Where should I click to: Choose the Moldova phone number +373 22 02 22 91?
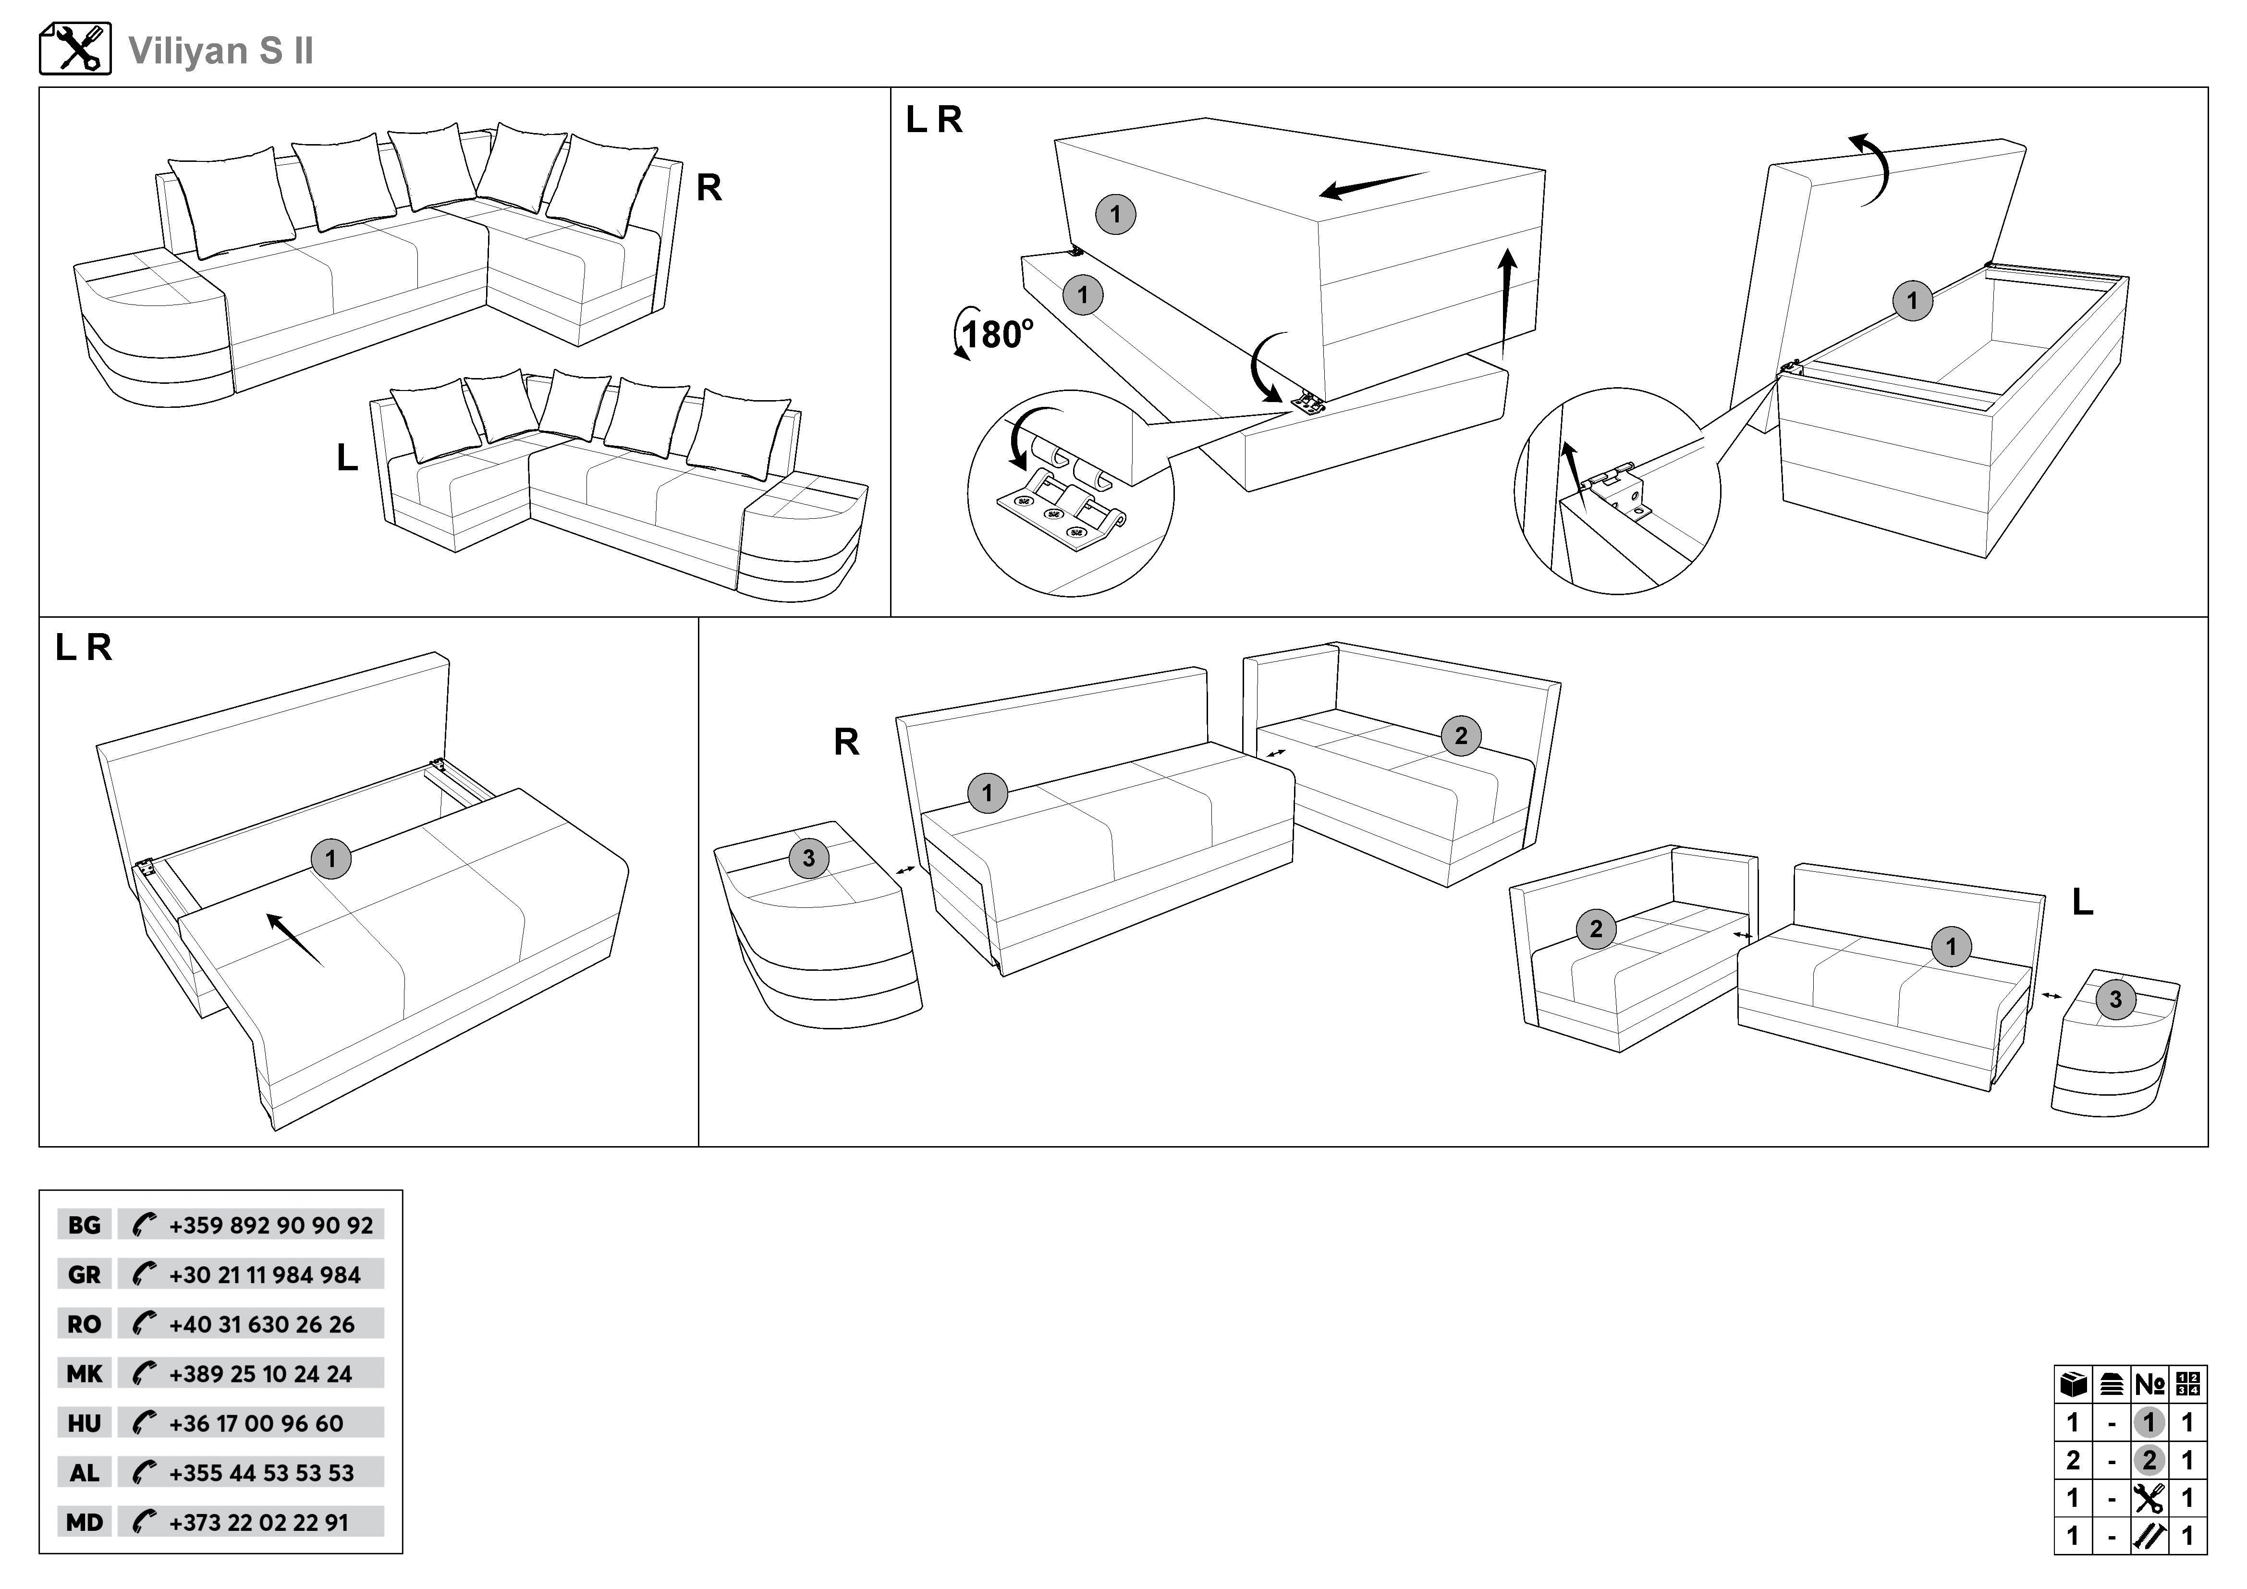pos(258,1522)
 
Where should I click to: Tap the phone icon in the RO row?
pos(144,1324)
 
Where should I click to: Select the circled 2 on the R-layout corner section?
pos(1461,736)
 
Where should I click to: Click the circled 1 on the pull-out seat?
pos(331,859)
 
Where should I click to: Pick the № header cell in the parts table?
pos(2150,1384)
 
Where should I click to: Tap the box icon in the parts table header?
pos(2073,1384)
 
